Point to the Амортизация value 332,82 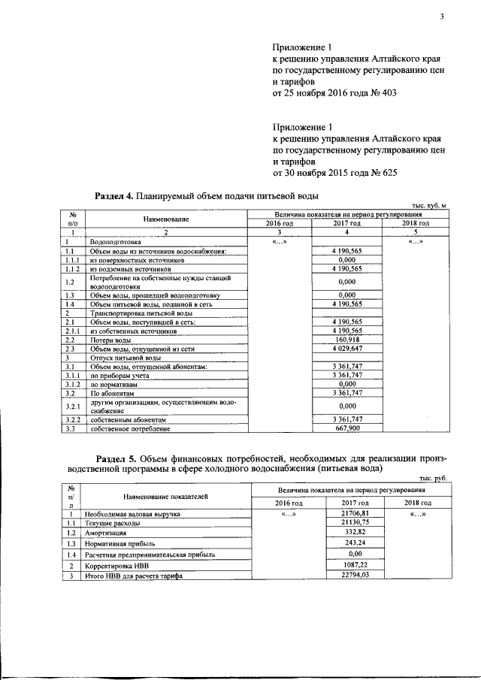[355, 531]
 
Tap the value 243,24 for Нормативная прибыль [355, 542]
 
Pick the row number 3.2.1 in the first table [72, 406]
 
